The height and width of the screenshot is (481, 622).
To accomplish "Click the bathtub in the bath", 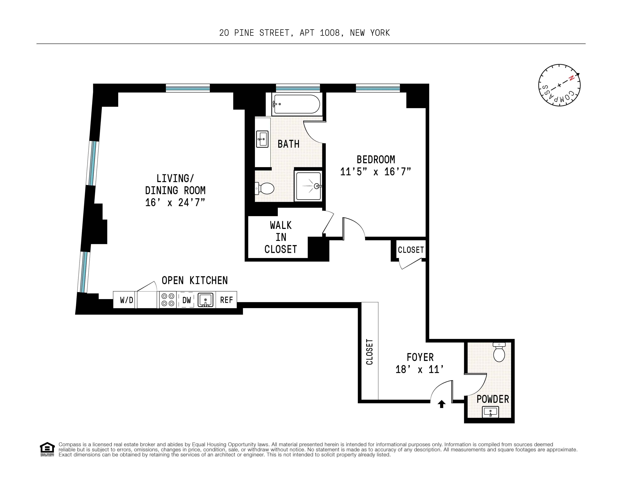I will (296, 104).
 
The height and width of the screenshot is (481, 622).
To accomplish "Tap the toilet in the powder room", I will (499, 353).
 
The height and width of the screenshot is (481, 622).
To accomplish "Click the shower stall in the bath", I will (308, 186).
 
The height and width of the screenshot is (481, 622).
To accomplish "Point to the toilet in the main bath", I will (265, 188).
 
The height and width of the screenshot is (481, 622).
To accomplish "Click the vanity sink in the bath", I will (262, 139).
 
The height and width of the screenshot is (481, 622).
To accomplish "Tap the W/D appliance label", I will (126, 300).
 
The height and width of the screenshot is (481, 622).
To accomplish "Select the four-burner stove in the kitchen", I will (168, 300).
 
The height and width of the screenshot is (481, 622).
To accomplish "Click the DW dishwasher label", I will (186, 300).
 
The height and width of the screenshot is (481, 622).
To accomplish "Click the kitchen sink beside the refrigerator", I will (205, 300).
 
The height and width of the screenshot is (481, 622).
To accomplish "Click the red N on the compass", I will (571, 78).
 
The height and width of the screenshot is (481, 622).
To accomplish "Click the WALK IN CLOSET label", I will (281, 237).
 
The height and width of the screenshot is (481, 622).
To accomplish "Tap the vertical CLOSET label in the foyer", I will (369, 352).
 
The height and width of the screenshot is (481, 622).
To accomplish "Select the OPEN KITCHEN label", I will (195, 280).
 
